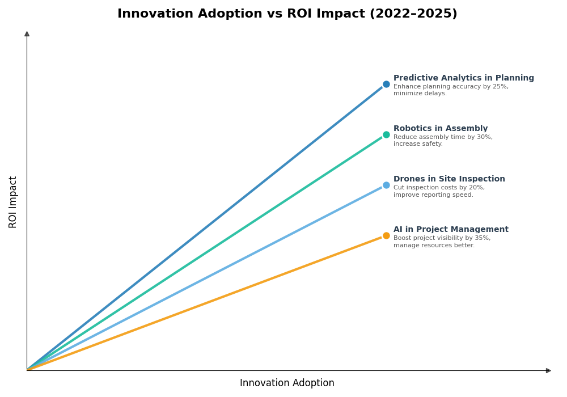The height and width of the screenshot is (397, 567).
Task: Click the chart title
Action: (287, 14)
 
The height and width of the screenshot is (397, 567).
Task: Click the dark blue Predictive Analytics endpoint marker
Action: (386, 85)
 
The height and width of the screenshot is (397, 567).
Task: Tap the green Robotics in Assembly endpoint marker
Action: (386, 135)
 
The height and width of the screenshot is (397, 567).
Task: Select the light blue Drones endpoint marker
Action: (386, 185)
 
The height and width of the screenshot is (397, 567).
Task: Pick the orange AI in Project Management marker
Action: (386, 236)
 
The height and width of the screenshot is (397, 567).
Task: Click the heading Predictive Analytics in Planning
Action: (463, 78)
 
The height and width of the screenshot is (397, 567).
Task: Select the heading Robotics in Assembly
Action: (440, 129)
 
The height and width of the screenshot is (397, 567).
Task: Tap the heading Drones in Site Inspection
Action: (449, 179)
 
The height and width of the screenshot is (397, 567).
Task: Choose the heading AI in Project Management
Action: (451, 230)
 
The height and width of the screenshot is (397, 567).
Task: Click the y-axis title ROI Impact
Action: (13, 202)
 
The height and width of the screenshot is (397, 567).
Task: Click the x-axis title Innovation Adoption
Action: (287, 383)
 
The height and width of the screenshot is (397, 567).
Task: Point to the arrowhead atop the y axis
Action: (27, 34)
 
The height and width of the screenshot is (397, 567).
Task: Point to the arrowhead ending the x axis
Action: (548, 371)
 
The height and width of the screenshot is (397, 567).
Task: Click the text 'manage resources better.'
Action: (434, 246)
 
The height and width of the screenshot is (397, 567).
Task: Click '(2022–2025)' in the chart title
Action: (413, 14)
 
